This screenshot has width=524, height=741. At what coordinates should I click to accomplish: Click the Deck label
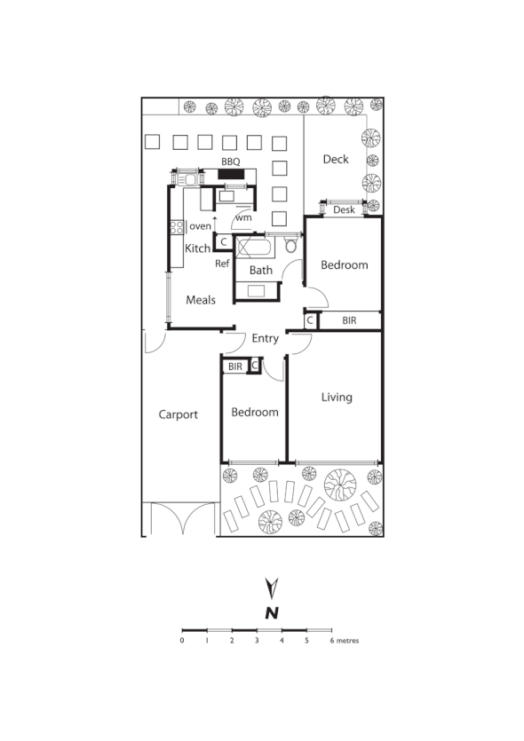point(336,160)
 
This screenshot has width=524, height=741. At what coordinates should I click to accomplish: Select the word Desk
point(344,210)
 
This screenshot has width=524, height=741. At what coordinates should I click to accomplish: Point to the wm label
point(243,217)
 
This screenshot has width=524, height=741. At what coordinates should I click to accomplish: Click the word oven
point(200,226)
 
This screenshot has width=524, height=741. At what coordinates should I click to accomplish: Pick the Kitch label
point(197,248)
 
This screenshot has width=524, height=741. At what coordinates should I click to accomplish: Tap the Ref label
point(222,264)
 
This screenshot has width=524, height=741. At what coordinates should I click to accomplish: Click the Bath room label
point(260,271)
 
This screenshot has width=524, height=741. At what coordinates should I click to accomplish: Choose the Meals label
point(201,300)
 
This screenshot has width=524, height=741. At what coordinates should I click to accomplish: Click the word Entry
point(265,339)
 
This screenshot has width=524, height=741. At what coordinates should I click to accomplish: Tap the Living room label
point(337,397)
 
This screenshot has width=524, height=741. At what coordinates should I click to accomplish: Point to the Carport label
point(178,414)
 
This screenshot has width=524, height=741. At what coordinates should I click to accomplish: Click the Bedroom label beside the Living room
point(255,413)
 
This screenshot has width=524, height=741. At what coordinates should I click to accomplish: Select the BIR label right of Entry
point(349,320)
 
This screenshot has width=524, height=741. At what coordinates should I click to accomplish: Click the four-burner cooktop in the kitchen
point(176,226)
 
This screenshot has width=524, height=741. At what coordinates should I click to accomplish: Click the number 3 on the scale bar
point(257,639)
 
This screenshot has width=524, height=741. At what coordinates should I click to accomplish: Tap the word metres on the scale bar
point(347,639)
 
